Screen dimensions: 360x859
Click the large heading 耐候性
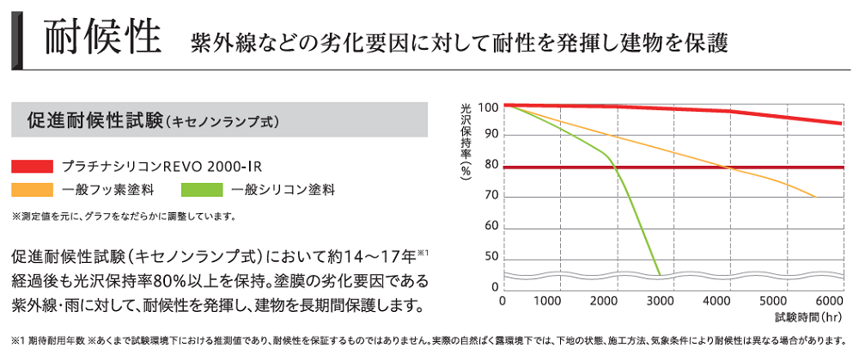(x=101, y=38)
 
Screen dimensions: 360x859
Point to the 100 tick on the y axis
(x=488, y=107)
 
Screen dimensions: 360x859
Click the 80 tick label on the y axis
(x=490, y=166)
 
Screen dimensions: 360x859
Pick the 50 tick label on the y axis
(x=490, y=256)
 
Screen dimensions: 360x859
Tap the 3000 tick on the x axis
(x=660, y=302)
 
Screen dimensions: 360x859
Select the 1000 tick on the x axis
(x=547, y=302)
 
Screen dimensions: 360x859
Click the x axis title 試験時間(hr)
(x=808, y=316)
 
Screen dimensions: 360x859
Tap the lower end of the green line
(x=660, y=273)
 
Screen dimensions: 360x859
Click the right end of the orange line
(x=814, y=197)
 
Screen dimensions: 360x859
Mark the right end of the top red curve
(x=840, y=124)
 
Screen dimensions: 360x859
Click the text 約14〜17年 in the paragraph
(x=374, y=257)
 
